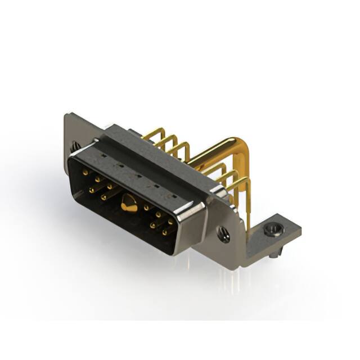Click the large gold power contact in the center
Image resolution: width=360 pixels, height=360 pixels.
pos(128,206)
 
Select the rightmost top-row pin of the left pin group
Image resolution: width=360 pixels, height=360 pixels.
pos(109,186)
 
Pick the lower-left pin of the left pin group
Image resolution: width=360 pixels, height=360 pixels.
pos(90,190)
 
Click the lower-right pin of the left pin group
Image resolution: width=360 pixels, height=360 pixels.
pos(103,197)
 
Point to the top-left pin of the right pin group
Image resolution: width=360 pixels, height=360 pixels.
pos(146,208)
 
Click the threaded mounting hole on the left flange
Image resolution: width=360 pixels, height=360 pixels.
pos(75,148)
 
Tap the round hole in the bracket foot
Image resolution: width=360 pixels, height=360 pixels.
pos(274,228)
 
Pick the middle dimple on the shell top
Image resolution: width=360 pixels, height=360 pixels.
pos(137,175)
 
